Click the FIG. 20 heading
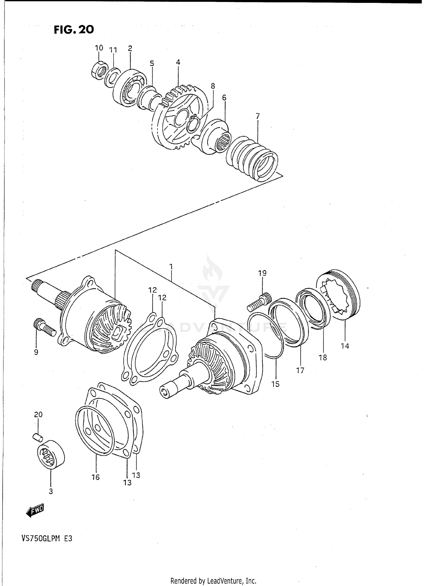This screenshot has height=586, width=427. click(x=74, y=30)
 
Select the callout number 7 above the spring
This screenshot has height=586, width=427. click(x=258, y=116)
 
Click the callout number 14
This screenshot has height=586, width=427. click(x=345, y=346)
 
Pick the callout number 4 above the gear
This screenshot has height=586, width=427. click(x=178, y=62)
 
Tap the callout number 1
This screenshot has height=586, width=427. click(x=171, y=267)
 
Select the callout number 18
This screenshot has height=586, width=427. click(x=323, y=357)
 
